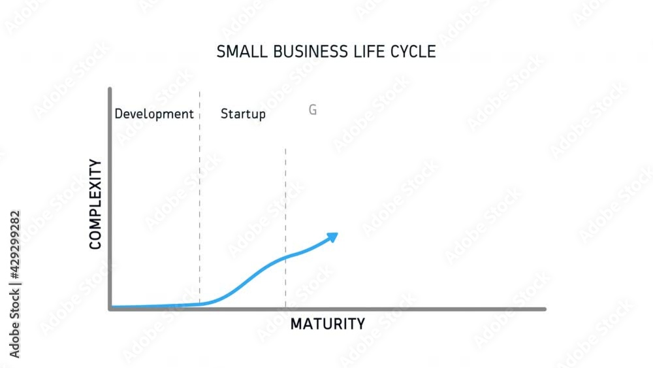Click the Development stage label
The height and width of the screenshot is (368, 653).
(154, 114)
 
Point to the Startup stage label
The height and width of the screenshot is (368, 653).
(243, 114)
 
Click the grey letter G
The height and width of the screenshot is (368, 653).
(313, 110)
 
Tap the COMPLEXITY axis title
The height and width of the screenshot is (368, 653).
(95, 204)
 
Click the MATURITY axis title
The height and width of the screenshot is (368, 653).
(327, 324)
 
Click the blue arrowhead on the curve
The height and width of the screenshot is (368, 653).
(333, 236)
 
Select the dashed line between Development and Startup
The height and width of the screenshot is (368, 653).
(200, 196)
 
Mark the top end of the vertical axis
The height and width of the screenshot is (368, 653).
(110, 90)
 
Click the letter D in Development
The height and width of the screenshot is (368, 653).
(118, 114)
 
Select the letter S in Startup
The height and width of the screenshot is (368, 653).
(224, 114)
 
